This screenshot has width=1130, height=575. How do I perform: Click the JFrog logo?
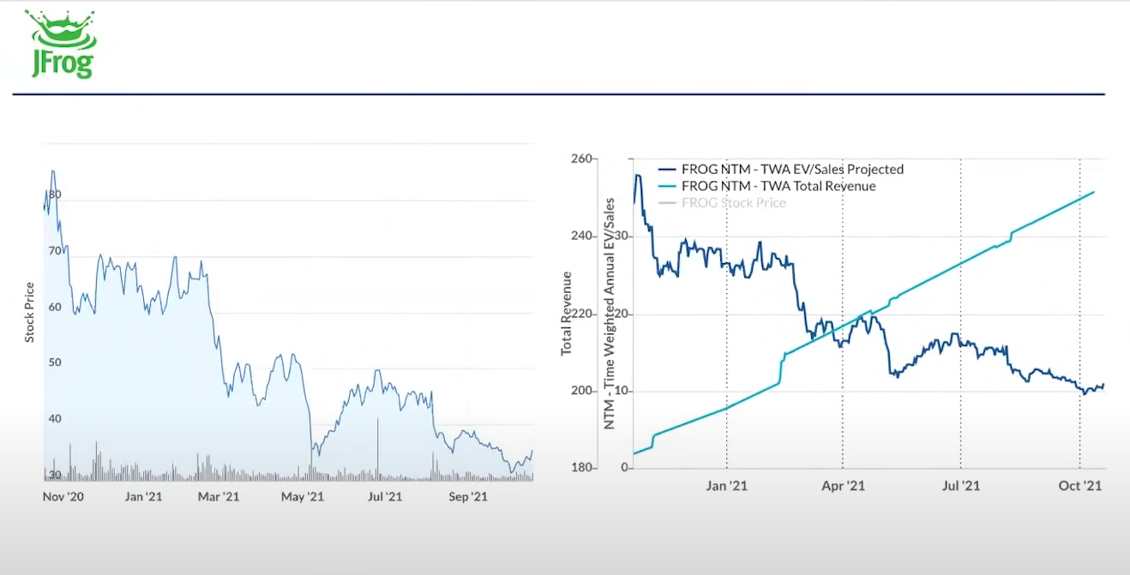[61, 45]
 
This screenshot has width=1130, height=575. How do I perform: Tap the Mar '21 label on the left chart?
[219, 496]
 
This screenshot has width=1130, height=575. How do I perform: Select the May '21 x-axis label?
[303, 496]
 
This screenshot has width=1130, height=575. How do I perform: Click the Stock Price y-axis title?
[30, 313]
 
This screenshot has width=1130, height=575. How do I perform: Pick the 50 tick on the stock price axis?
[55, 362]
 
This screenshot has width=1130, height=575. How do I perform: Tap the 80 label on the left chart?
[55, 195]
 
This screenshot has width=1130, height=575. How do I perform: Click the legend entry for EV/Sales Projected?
[792, 170]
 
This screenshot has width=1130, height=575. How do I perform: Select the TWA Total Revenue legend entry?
[778, 186]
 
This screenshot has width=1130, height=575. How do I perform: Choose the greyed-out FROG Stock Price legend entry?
[733, 203]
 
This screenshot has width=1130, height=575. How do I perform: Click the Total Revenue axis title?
[566, 314]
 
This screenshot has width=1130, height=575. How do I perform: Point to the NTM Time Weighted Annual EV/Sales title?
[610, 314]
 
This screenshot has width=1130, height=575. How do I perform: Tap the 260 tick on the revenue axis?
[581, 159]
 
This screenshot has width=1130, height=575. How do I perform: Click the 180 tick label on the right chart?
[581, 468]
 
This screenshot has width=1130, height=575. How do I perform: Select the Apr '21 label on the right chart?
[844, 486]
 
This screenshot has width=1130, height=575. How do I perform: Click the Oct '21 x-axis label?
[1079, 486]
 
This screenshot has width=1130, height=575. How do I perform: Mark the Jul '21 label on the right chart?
[960, 486]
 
